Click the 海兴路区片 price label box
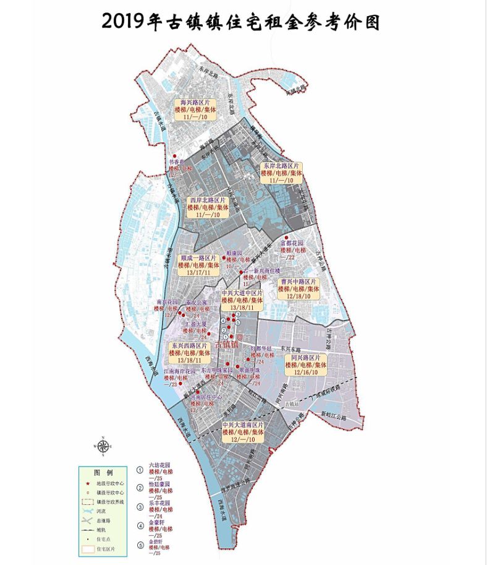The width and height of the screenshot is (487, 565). click(194, 109)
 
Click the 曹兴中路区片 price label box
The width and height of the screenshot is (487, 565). click(298, 288)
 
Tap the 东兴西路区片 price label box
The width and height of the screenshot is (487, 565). click(189, 352)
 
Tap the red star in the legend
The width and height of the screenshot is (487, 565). click(89, 483)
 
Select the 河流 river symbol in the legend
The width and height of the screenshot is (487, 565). click(89, 511)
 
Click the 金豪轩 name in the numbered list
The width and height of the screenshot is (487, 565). click(156, 522)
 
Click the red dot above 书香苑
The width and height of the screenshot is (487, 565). click(174, 156)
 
